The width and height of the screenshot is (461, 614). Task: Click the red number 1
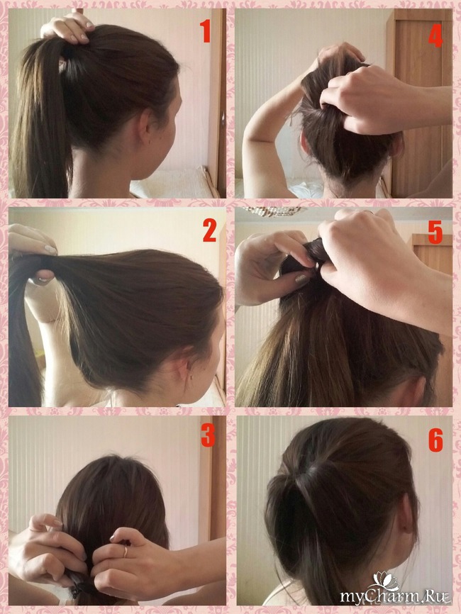205,31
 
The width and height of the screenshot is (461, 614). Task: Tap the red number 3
208,435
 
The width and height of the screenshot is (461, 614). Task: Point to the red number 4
435,37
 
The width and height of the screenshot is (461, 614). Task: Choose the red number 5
435,232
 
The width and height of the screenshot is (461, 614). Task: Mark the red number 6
435,440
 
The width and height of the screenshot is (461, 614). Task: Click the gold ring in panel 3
126,552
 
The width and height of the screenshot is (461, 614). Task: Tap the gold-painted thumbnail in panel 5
301,279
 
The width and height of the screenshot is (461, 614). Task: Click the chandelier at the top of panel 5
274,211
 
